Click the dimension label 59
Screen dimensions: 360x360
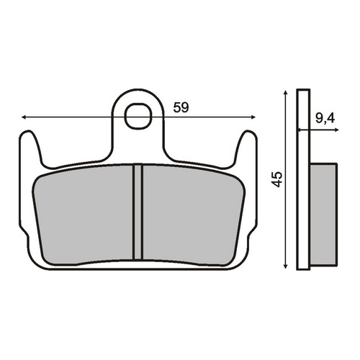click(181, 107)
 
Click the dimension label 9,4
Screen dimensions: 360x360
click(325, 119)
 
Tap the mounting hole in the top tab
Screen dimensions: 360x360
click(139, 116)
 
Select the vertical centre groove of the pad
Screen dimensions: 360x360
click(138, 212)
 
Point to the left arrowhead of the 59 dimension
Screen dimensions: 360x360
click(24, 117)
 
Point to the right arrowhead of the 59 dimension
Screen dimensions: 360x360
click(253, 117)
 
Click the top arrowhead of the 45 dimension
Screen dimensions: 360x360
click(285, 93)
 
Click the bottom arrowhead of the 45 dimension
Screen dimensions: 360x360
click(285, 266)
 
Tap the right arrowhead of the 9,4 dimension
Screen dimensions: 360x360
click(336, 130)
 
